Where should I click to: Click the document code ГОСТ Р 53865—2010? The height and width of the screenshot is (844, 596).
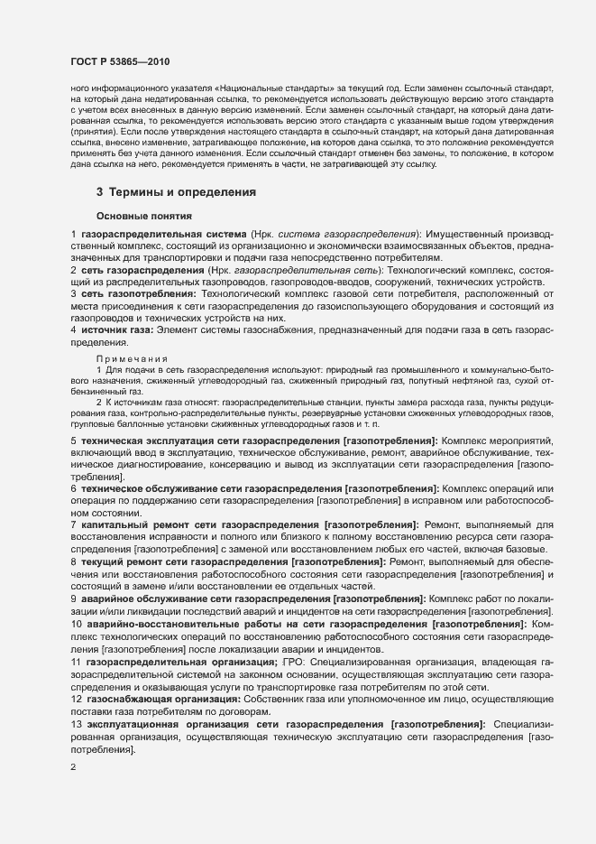click(x=119, y=61)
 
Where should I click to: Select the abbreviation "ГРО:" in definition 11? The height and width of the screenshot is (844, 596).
click(x=297, y=663)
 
